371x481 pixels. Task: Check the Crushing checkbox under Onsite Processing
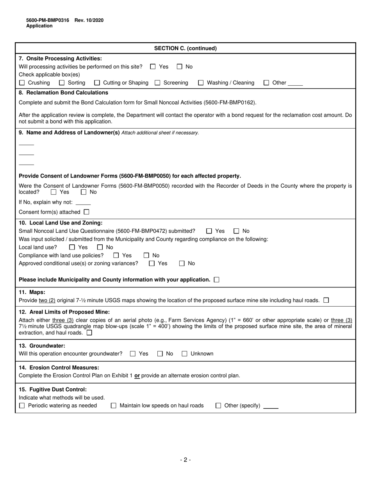pos(22,83)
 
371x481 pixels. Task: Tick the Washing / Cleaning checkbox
pos(201,83)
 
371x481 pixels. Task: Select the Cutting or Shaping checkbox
pos(97,83)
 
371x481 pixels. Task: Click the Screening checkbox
pos(157,83)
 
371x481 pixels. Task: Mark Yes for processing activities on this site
pos(153,67)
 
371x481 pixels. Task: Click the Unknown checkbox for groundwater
pos(184,354)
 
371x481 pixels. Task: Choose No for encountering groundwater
pos(160,354)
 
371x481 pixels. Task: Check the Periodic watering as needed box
pos(22,406)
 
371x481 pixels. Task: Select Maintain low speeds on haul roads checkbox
pos(114,406)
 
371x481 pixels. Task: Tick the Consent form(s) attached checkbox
pos(86,212)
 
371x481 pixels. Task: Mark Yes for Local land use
pos(72,247)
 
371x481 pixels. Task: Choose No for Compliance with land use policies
pos(146,255)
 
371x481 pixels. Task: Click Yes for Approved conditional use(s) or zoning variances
pos(152,264)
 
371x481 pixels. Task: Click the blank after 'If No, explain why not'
pos(83,203)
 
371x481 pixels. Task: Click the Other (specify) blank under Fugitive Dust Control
pos(271,406)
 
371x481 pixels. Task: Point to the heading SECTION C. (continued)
pos(185,48)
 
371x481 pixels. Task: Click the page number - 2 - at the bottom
pos(185,460)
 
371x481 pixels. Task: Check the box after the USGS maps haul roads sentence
pos(326,300)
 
